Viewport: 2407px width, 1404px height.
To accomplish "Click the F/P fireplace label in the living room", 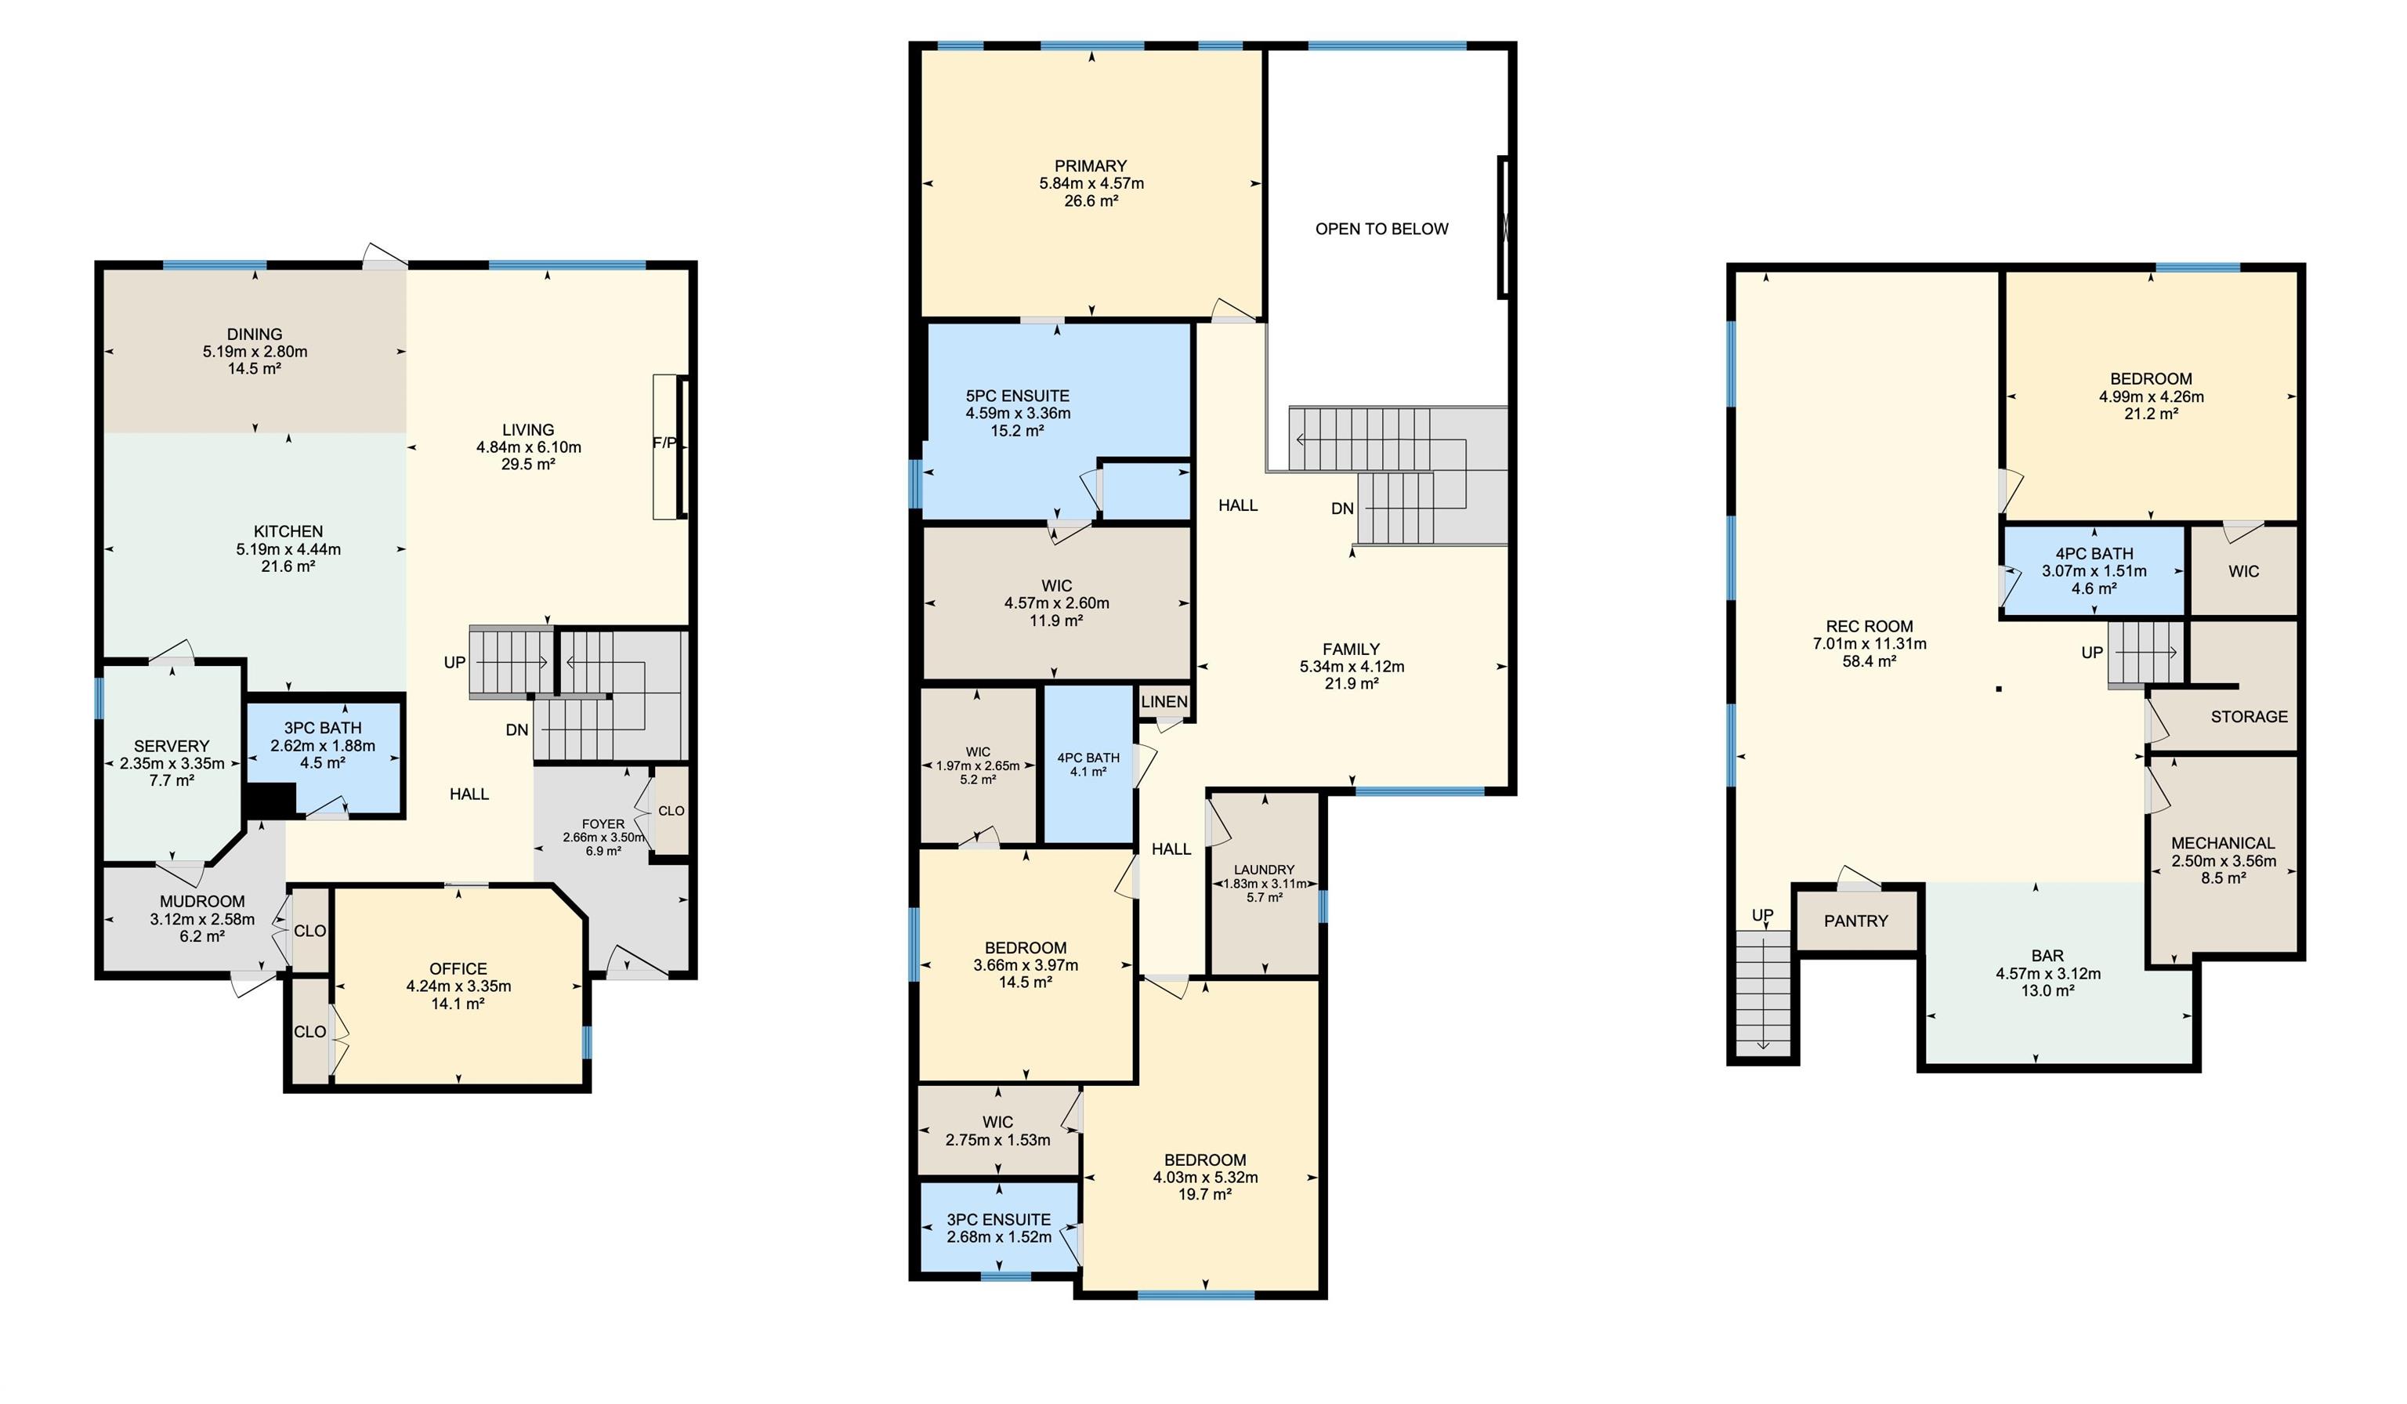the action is [664, 443].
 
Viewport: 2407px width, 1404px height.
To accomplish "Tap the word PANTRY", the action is [1856, 921].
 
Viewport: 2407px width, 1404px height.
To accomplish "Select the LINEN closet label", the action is [1164, 702].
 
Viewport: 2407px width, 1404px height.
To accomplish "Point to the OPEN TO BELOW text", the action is [1381, 230].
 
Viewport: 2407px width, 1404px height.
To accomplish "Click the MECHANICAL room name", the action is [2223, 843].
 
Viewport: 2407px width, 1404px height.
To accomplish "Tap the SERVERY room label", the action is [172, 747].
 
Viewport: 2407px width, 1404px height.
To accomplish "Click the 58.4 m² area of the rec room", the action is [1869, 661].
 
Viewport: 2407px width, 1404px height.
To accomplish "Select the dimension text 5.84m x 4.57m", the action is [1091, 183].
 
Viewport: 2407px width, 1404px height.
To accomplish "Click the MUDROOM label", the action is [202, 902].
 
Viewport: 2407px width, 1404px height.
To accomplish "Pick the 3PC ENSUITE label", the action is [998, 1220].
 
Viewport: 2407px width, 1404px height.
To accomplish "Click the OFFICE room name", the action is [458, 968].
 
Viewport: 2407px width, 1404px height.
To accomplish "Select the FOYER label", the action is [603, 824].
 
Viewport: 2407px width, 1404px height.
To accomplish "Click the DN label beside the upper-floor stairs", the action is [1343, 509].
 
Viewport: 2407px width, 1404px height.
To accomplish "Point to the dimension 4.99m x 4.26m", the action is [2151, 397].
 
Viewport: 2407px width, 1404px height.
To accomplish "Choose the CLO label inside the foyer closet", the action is [671, 811].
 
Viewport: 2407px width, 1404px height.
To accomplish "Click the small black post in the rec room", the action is [1998, 689].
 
